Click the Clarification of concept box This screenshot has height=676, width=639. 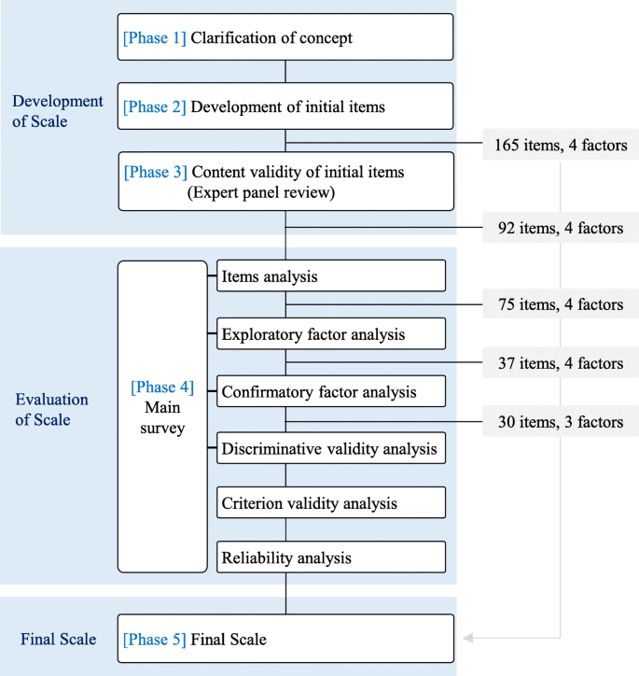click(x=285, y=38)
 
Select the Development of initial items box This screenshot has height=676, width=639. click(x=285, y=106)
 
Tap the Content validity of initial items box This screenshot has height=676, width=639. click(x=285, y=182)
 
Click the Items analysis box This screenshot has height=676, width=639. click(x=330, y=276)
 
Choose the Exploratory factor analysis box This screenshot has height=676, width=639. click(x=330, y=333)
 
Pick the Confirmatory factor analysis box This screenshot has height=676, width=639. click(x=330, y=391)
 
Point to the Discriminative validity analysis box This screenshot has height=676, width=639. click(x=330, y=448)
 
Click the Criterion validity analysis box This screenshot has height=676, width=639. click(x=330, y=503)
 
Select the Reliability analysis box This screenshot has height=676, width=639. click(x=330, y=558)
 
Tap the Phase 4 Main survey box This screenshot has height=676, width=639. click(x=162, y=416)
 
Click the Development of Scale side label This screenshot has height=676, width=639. click(x=58, y=111)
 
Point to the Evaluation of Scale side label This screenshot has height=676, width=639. click(x=52, y=409)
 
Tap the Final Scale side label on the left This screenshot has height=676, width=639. click(x=58, y=640)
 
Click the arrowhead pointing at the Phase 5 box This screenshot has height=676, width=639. click(x=468, y=639)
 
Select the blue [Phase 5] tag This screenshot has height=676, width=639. click(x=155, y=640)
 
